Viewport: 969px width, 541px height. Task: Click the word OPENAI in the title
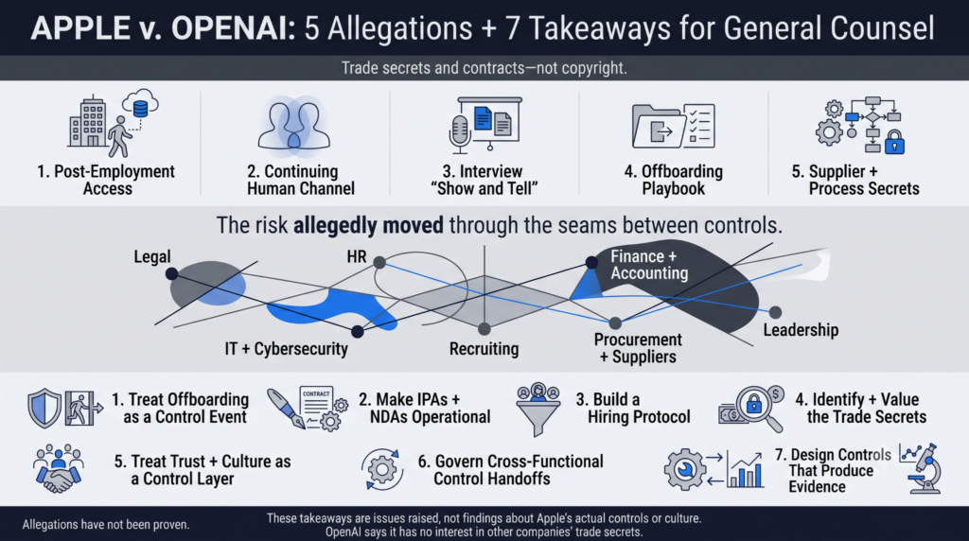click(233, 28)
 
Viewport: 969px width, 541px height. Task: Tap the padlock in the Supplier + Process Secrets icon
click(894, 143)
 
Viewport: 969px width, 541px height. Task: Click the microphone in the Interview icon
click(459, 131)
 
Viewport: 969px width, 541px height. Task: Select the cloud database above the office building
click(140, 105)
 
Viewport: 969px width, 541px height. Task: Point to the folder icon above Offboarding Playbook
click(658, 126)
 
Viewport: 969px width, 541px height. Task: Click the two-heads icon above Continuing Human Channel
click(293, 124)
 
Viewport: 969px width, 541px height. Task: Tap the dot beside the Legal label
click(172, 273)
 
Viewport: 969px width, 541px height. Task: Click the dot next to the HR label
click(379, 263)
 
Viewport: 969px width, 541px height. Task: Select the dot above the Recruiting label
click(484, 328)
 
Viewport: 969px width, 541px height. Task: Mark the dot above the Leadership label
click(775, 312)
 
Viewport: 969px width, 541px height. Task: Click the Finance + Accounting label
click(649, 265)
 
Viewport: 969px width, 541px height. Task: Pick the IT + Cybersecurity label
click(286, 349)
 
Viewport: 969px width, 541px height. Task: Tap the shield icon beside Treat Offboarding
click(44, 409)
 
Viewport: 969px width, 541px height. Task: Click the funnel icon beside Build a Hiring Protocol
click(537, 410)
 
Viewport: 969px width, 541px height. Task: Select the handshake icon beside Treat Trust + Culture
click(58, 469)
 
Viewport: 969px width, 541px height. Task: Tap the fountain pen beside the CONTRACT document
click(286, 409)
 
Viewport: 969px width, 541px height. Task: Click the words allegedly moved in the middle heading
click(368, 225)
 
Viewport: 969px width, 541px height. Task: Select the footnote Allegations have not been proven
click(106, 525)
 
